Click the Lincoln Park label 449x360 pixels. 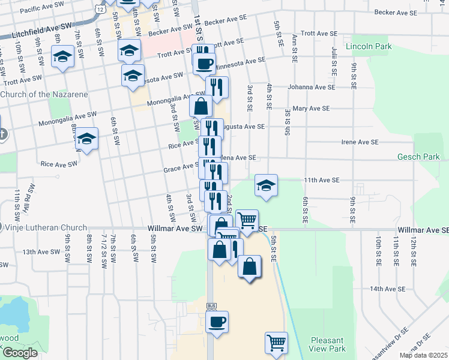coord(368,46)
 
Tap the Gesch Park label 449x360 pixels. coord(418,157)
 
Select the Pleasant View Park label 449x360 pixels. coord(328,344)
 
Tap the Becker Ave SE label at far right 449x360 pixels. coord(399,12)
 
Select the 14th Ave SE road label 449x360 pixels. coord(385,289)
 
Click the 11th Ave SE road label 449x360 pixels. coord(322,180)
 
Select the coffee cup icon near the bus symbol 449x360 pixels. coord(217,321)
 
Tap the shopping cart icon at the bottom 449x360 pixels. coord(276,343)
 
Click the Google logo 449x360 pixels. coord(20,353)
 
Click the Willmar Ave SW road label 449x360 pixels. coord(176,229)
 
